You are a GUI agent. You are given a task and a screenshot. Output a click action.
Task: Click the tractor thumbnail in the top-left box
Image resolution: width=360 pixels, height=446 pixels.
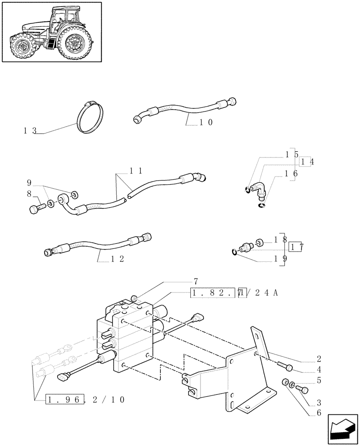point(51,32)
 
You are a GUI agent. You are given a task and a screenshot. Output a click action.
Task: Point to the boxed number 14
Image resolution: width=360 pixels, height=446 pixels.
point(307,162)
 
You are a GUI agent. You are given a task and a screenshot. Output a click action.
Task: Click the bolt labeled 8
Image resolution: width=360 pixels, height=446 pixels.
point(38,207)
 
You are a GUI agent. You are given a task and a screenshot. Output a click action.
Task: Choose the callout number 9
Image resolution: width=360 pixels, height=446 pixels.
point(29,182)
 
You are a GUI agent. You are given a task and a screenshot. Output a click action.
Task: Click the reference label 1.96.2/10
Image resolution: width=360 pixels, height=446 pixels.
point(85,399)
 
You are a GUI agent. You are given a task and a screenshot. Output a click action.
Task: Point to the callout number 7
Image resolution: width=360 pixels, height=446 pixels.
point(195,281)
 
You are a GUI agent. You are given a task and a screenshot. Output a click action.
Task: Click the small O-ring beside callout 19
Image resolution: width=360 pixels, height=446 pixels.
point(235,253)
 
